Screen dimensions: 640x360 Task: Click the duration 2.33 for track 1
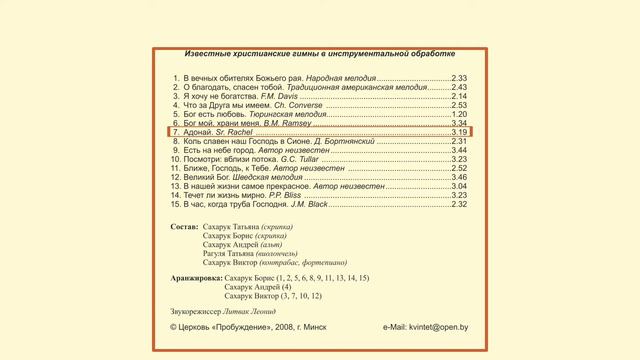click(x=459, y=77)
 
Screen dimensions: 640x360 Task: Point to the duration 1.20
click(x=459, y=113)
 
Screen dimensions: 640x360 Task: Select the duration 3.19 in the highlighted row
click(x=459, y=131)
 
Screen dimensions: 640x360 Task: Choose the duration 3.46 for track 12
click(x=459, y=177)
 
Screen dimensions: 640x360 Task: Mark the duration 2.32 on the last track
click(x=459, y=204)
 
